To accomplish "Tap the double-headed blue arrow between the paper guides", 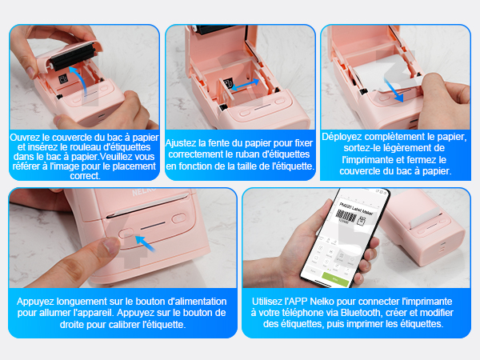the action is (245, 85).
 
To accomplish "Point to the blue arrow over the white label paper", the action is (394, 90).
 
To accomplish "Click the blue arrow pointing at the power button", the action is (145, 244).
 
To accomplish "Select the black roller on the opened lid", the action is (72, 57).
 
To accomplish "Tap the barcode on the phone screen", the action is (346, 217).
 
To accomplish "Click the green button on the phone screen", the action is (335, 279).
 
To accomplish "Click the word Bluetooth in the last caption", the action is (362, 313).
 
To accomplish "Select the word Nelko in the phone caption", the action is (322, 302).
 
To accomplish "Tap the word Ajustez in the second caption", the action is (181, 143).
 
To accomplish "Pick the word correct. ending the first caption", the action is (85, 176).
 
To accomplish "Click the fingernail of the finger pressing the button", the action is (110, 246).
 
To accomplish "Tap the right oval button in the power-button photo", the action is (178, 218).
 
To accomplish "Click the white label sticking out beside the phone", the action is (425, 218).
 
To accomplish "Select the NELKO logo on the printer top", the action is (144, 191).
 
